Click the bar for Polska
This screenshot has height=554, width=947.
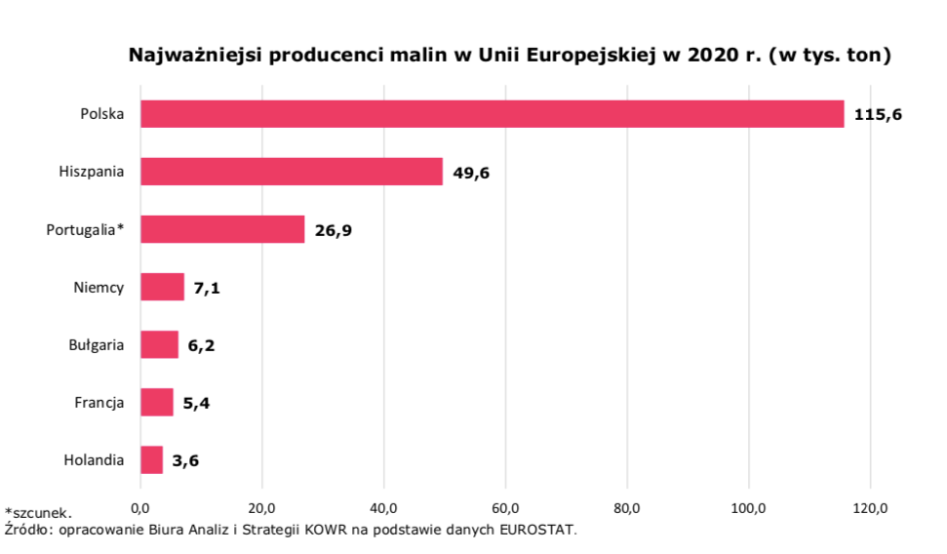pos(492,114)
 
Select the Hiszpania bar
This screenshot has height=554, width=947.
pos(291,173)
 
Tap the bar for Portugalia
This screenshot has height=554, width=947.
pos(222,230)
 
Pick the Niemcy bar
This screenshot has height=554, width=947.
pos(162,288)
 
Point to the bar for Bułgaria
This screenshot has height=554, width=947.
pos(159,344)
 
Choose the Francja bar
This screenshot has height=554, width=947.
pos(156,402)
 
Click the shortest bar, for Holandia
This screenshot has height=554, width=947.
pos(151,459)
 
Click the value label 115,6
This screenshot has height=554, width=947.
pos(878,115)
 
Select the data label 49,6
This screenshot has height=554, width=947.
pos(471,174)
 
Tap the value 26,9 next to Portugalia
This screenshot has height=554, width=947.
pos(334,231)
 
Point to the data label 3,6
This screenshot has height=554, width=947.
pos(186,460)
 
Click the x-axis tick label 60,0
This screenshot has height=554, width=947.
pos(505,507)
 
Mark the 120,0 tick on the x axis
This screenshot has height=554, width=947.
pos(870,507)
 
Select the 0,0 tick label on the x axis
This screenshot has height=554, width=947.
pos(140,507)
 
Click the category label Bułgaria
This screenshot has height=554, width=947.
pos(96,344)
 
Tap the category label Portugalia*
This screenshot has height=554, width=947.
pos(85,230)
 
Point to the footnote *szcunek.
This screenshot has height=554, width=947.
pos(38,512)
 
